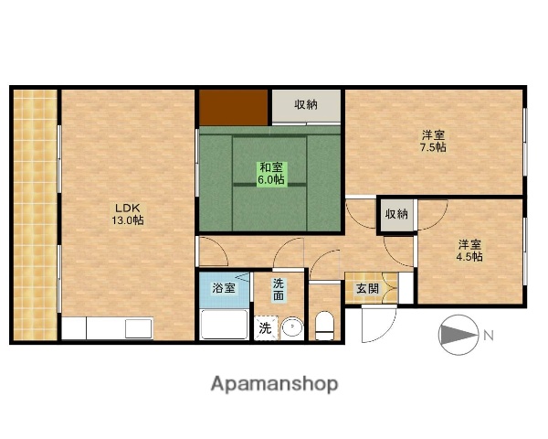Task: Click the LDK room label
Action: pyautogui.click(x=127, y=207)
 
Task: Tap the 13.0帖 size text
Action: pyautogui.click(x=127, y=220)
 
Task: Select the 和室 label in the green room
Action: pyautogui.click(x=270, y=167)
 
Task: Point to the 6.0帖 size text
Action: pyautogui.click(x=270, y=180)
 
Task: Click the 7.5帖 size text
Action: pyautogui.click(x=432, y=147)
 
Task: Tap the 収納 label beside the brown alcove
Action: pyautogui.click(x=306, y=105)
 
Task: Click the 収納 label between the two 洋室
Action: pyautogui.click(x=396, y=214)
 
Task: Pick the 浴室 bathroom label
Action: pyautogui.click(x=224, y=288)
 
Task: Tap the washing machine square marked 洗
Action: pyautogui.click(x=264, y=327)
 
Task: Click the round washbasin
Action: pyautogui.click(x=290, y=327)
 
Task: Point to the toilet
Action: pyautogui.click(x=324, y=325)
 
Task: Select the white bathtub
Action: pyautogui.click(x=224, y=324)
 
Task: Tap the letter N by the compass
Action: pyautogui.click(x=489, y=336)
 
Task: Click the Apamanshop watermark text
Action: pyautogui.click(x=274, y=384)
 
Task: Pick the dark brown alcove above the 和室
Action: pyautogui.click(x=234, y=107)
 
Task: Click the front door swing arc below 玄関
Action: pyautogui.click(x=376, y=322)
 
